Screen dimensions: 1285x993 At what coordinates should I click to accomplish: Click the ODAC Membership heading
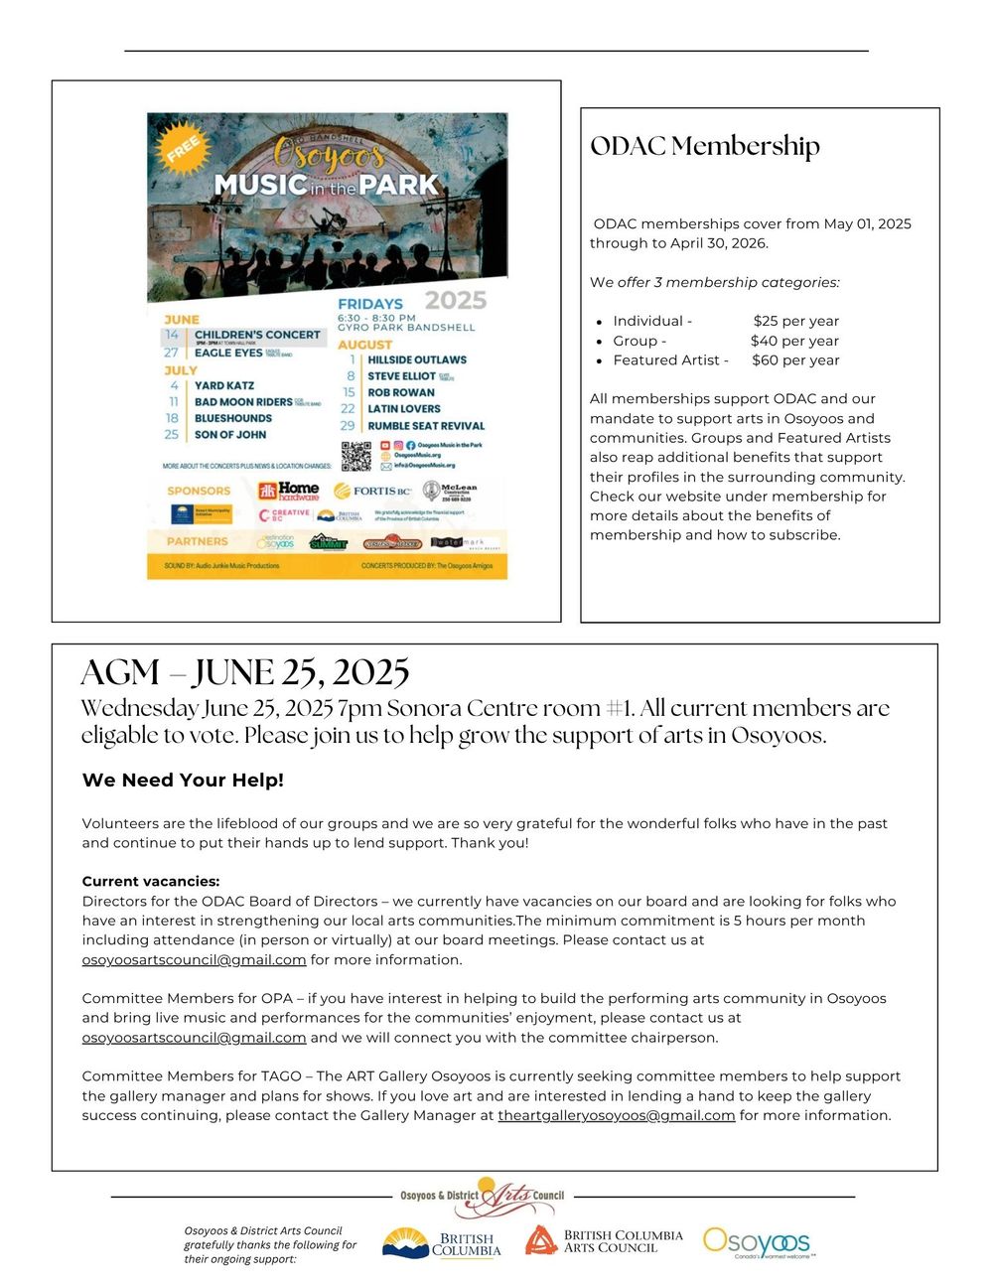point(705,146)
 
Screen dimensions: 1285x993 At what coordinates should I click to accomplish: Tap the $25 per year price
point(795,321)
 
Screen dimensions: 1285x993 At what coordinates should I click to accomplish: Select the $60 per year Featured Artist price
point(795,360)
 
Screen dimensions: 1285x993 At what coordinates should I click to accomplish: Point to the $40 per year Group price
point(794,341)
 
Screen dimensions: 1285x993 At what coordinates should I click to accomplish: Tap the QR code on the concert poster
point(356,456)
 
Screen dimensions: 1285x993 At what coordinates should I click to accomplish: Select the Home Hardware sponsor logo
point(289,491)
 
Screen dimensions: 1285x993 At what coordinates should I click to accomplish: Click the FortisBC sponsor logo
point(372,491)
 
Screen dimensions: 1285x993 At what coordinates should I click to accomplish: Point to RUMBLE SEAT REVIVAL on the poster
point(426,426)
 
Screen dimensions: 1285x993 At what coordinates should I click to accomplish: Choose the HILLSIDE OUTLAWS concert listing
point(417,359)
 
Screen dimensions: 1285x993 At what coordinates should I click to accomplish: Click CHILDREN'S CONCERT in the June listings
point(257,335)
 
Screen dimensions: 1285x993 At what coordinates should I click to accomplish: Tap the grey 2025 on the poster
point(456,300)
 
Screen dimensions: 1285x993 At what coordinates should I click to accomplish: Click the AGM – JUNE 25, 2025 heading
point(245,672)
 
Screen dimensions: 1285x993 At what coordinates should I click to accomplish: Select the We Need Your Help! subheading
point(183,781)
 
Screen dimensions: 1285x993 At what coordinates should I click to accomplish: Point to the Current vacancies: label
point(151,881)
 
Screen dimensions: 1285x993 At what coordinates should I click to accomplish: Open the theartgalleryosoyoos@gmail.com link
point(617,1115)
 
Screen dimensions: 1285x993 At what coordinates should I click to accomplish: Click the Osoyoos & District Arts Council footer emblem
point(483,1196)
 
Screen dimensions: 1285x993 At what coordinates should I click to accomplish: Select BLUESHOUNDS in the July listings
point(232,418)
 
